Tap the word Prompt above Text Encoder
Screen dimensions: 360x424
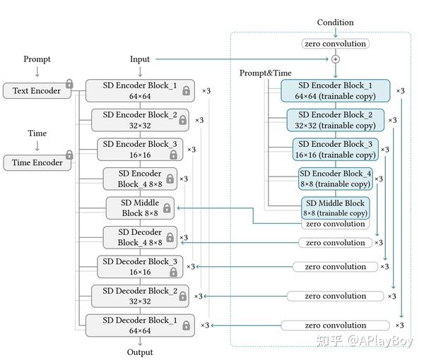[37, 59]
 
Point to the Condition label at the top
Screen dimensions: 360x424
[335, 23]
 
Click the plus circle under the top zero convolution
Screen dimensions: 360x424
[336, 59]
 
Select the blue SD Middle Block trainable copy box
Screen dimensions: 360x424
[336, 208]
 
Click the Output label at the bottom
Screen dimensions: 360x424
[140, 352]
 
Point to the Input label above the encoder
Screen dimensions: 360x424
[140, 59]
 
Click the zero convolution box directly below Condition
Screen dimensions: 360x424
[336, 44]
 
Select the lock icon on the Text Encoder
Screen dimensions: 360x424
[69, 85]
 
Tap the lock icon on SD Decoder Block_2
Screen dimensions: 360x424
[182, 296]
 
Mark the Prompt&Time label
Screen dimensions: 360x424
[265, 73]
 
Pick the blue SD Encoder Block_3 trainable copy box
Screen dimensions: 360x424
[336, 149]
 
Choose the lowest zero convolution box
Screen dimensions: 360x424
[336, 325]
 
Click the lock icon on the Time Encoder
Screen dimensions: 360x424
[69, 155]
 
